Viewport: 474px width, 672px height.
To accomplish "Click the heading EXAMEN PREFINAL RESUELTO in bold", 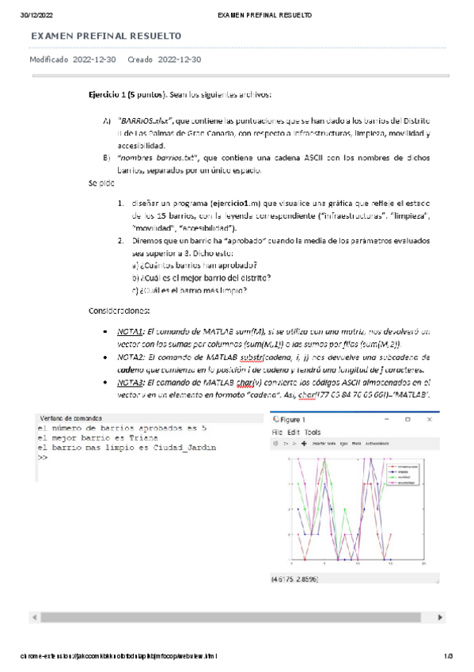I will tap(105, 36).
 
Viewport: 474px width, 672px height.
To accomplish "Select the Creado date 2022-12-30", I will tap(180, 59).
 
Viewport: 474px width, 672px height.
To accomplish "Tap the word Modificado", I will tap(48, 59).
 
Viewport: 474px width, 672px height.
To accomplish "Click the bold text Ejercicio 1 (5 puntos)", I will tap(126, 94).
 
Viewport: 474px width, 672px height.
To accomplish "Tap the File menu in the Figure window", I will tap(277, 433).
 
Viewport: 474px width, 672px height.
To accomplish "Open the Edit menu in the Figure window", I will tap(293, 433).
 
